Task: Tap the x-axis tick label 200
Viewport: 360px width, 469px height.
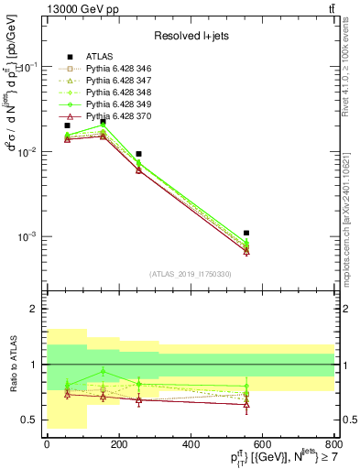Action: point(118,444)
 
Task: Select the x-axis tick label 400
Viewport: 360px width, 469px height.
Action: point(191,444)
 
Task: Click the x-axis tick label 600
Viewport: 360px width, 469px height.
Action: point(263,444)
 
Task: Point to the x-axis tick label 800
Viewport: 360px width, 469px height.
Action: point(334,444)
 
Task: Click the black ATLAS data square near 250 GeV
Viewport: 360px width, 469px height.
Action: point(138,154)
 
